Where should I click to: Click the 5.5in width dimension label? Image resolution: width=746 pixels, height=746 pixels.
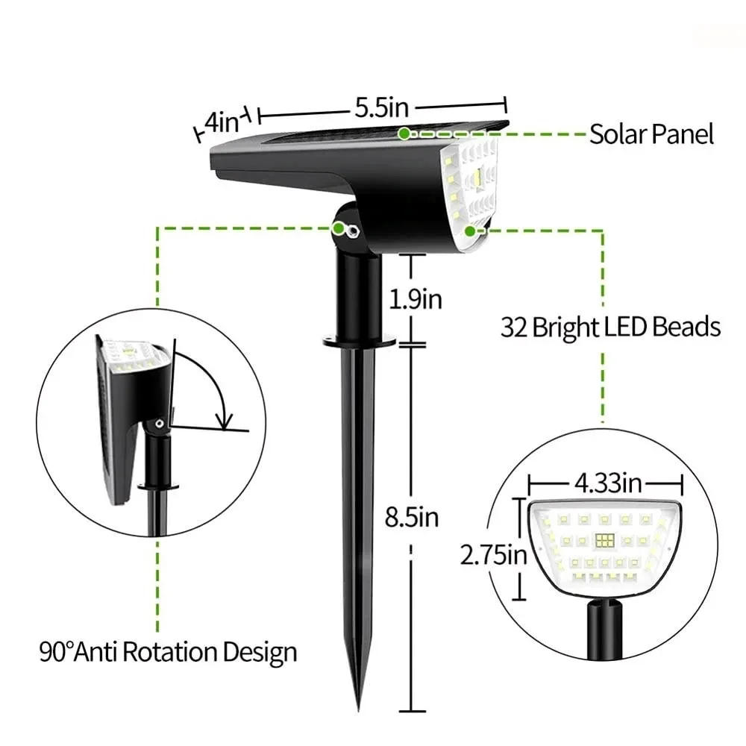(x=381, y=108)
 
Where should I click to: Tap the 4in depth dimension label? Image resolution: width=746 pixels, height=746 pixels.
(x=221, y=122)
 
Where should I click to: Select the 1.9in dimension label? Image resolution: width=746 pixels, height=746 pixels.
(x=415, y=299)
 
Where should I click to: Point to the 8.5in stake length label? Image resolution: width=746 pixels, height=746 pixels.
(x=411, y=517)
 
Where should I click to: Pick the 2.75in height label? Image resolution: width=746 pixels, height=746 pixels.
(x=493, y=554)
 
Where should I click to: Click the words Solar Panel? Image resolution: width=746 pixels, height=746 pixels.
(x=651, y=134)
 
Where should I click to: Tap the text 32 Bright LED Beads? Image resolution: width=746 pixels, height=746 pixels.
(x=610, y=327)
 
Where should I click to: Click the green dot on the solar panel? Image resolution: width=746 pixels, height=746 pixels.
(x=404, y=134)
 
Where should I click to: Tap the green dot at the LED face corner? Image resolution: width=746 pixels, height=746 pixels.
(x=470, y=230)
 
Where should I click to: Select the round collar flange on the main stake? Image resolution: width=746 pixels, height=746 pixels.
(x=359, y=341)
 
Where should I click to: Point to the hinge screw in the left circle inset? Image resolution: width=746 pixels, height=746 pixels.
(x=159, y=424)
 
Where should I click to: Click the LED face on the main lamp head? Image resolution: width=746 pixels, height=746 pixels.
(x=471, y=179)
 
